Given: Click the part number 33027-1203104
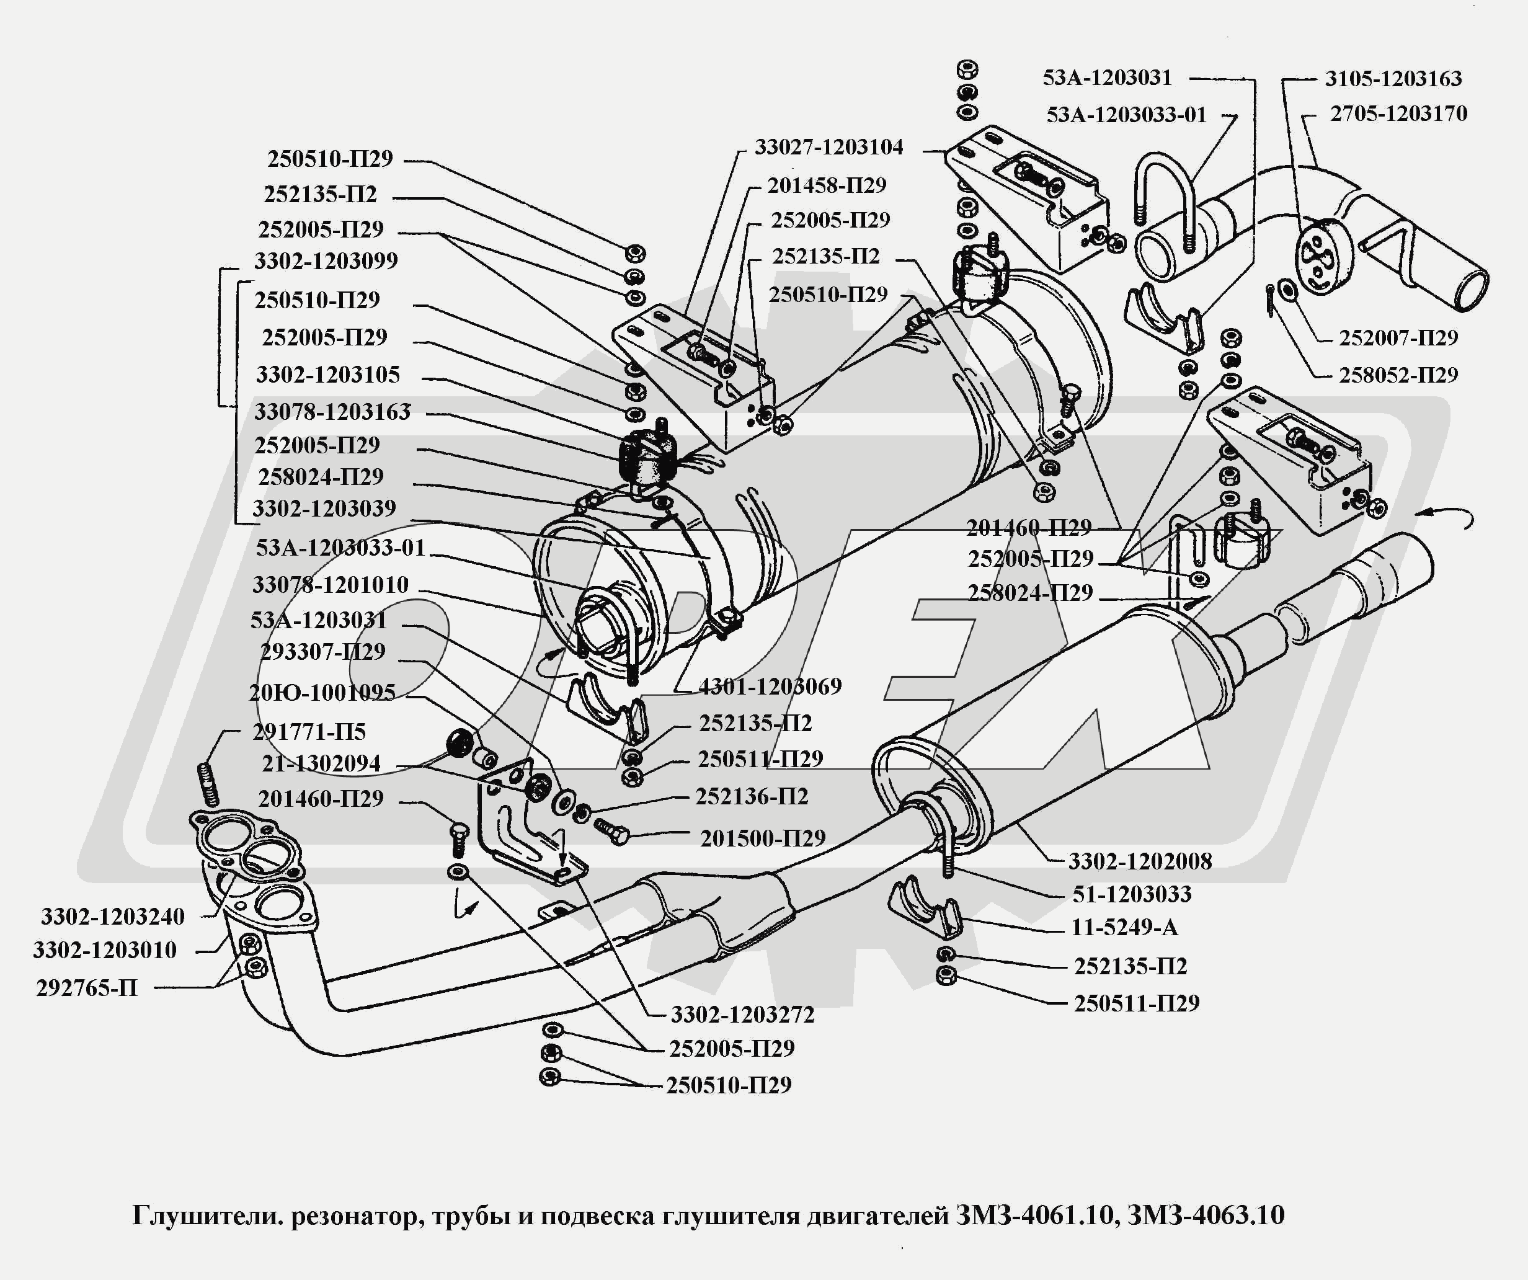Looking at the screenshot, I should (x=828, y=148).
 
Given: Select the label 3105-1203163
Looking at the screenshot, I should (x=1393, y=79).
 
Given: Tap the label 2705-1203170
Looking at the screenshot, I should (x=1398, y=113).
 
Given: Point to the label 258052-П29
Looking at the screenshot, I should (x=1398, y=375).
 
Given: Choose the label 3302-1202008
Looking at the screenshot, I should (x=1139, y=861).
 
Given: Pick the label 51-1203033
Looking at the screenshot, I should (x=1132, y=894).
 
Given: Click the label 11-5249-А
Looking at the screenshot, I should (x=1124, y=928).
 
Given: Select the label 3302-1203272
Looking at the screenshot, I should (x=742, y=1015).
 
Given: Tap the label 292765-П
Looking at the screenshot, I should (x=87, y=988).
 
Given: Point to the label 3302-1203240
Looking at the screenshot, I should (x=113, y=917).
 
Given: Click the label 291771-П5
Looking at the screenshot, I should (x=309, y=732).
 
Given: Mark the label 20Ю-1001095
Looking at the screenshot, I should (x=322, y=693).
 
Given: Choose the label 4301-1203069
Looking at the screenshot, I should (x=770, y=687).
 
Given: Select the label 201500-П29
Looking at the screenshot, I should (x=763, y=839).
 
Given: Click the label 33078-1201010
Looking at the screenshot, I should (x=331, y=585).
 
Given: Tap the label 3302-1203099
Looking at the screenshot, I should (x=326, y=261).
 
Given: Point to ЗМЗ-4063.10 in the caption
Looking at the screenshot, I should (x=1206, y=1216).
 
